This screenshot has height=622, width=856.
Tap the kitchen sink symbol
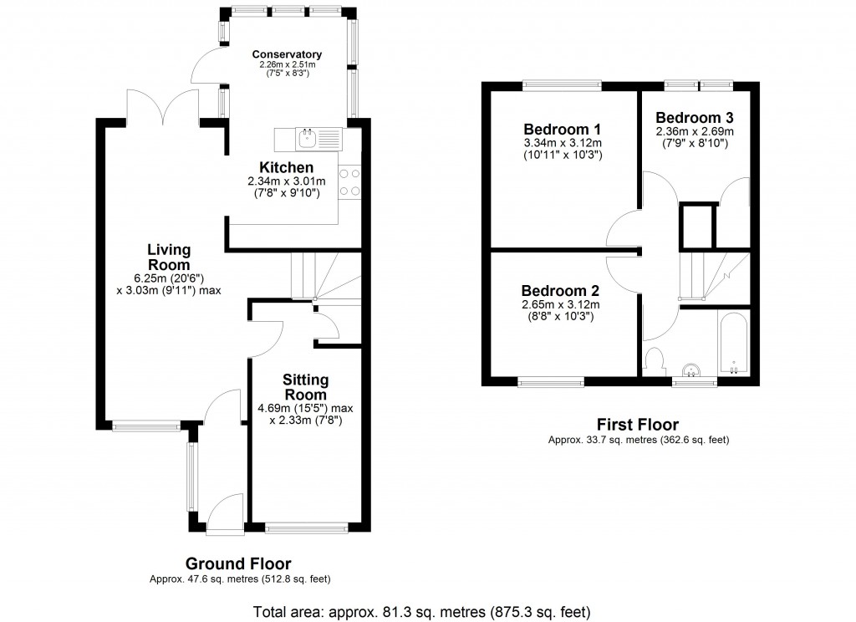click(308, 135)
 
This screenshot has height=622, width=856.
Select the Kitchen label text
click(286, 168)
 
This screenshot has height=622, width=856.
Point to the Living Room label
click(169, 257)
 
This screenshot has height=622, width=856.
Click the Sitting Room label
click(305, 387)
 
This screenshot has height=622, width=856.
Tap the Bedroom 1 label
click(563, 130)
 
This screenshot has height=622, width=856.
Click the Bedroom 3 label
click(695, 117)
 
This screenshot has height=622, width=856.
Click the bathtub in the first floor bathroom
click(733, 344)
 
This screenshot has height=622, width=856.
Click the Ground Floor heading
click(238, 563)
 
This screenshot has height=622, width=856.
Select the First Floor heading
click(637, 425)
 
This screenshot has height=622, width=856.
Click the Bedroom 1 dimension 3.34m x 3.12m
click(563, 144)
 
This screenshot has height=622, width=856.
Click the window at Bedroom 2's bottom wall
click(551, 383)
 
